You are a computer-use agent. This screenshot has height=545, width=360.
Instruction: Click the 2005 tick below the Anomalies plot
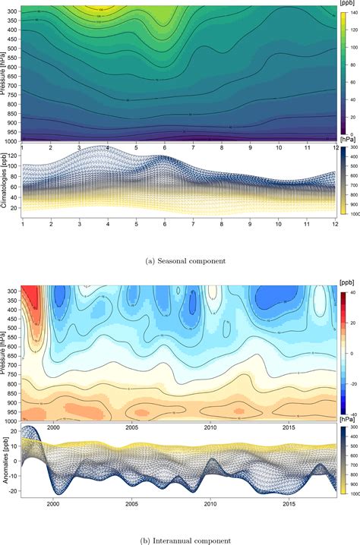(x=131, y=503)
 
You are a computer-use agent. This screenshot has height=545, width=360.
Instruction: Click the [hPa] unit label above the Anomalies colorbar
(x=348, y=418)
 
